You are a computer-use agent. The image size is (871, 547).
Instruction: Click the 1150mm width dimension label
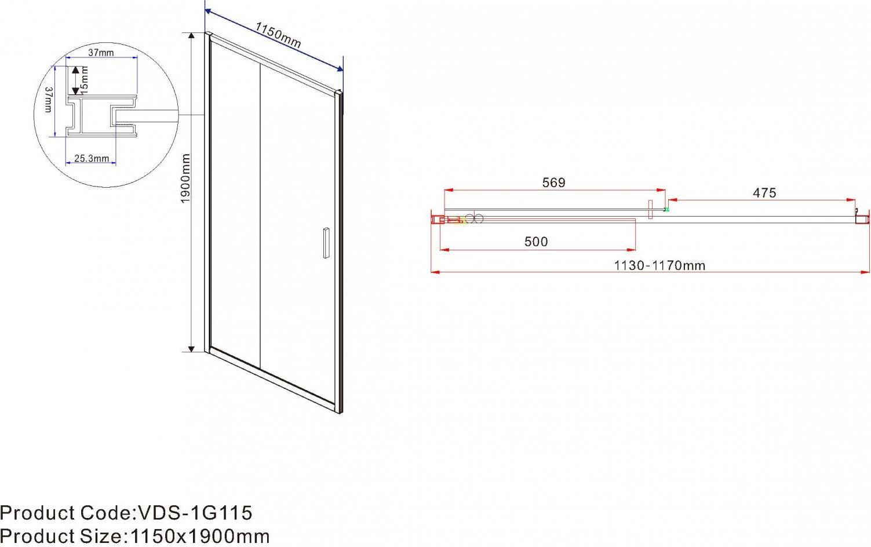point(278,35)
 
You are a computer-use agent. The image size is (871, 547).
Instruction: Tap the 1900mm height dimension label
point(185,178)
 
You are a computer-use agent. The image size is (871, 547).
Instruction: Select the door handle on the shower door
point(326,243)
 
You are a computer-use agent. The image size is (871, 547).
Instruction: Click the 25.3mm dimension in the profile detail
point(92,158)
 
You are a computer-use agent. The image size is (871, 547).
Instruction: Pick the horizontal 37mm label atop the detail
point(101,52)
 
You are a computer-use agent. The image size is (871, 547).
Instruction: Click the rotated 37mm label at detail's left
point(48,100)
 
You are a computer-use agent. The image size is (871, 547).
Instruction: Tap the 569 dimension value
point(553,183)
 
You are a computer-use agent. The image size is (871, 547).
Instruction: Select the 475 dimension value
point(764,193)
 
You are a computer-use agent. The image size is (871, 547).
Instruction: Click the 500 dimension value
point(536,242)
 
